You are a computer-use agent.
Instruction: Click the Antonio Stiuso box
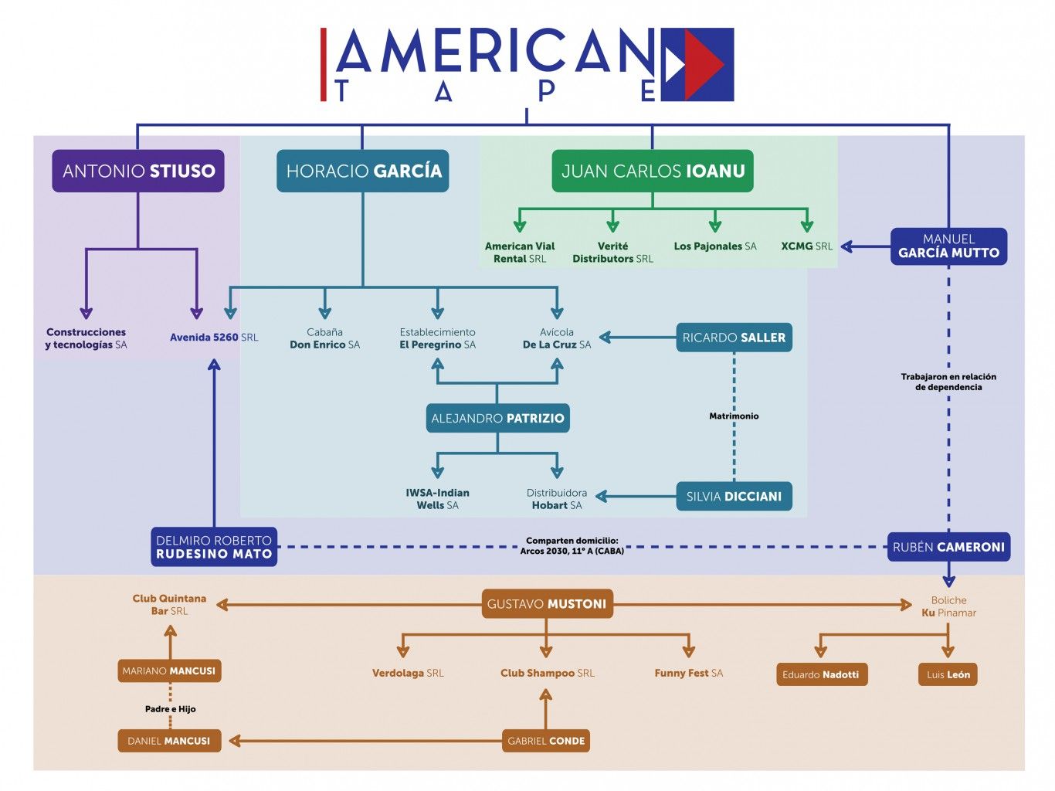pos(138,171)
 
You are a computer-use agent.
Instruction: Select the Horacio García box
pos(363,171)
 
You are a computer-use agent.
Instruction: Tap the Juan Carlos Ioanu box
pos(653,171)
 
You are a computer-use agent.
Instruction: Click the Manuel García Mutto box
pos(948,246)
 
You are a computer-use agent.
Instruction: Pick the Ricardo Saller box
pos(734,338)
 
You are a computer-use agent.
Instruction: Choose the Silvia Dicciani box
pos(734,497)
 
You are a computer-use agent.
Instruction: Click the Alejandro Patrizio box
pos(497,418)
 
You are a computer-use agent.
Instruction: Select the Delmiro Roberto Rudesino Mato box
pos(214,547)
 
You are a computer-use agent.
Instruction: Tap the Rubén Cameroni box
pos(948,547)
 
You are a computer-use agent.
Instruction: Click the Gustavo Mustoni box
pos(547,604)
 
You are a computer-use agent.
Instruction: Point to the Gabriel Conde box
pos(546,741)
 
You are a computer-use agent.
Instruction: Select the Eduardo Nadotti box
pos(820,674)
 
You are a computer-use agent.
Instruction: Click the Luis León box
pos(948,674)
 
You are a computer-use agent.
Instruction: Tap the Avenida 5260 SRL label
pos(214,338)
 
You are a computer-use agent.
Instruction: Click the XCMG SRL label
pos(806,246)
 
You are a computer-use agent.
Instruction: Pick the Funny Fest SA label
pos(688,673)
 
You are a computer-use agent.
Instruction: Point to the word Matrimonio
pos(734,416)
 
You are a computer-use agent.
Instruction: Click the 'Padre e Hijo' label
pos(170,708)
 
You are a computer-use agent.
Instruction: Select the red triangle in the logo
pos(703,64)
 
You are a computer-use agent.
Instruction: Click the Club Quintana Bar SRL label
pos(169,604)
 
